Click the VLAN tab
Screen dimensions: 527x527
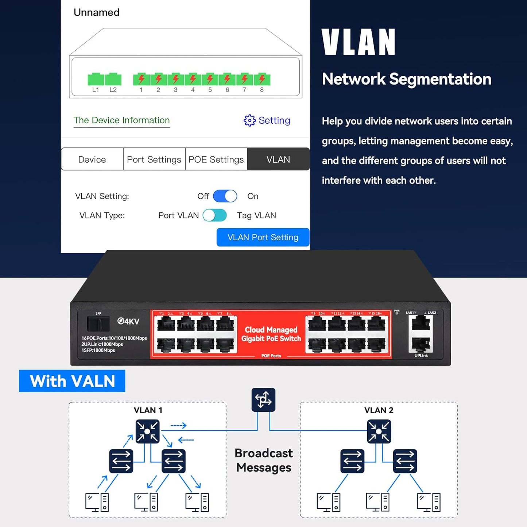[278, 159]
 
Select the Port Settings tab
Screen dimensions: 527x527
[154, 159]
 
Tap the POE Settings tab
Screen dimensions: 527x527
[216, 159]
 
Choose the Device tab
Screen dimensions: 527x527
[92, 159]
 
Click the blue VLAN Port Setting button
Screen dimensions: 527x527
[263, 237]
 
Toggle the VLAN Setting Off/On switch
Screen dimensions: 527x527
[225, 196]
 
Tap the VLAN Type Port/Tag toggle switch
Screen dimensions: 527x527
[215, 216]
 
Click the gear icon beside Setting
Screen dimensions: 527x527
[250, 120]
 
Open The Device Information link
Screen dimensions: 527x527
[121, 120]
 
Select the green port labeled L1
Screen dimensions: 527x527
[96, 79]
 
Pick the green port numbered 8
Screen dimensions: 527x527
[262, 79]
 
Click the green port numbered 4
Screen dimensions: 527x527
[193, 79]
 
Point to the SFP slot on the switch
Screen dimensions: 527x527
[98, 324]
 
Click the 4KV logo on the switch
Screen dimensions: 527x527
[128, 321]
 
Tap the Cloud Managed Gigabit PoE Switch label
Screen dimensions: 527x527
[271, 334]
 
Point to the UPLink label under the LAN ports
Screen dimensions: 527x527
[421, 356]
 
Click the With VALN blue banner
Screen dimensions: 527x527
[72, 381]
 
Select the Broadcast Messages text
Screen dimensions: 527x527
[264, 460]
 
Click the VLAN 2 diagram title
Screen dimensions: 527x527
[379, 410]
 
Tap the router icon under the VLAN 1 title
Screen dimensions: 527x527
[147, 431]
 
